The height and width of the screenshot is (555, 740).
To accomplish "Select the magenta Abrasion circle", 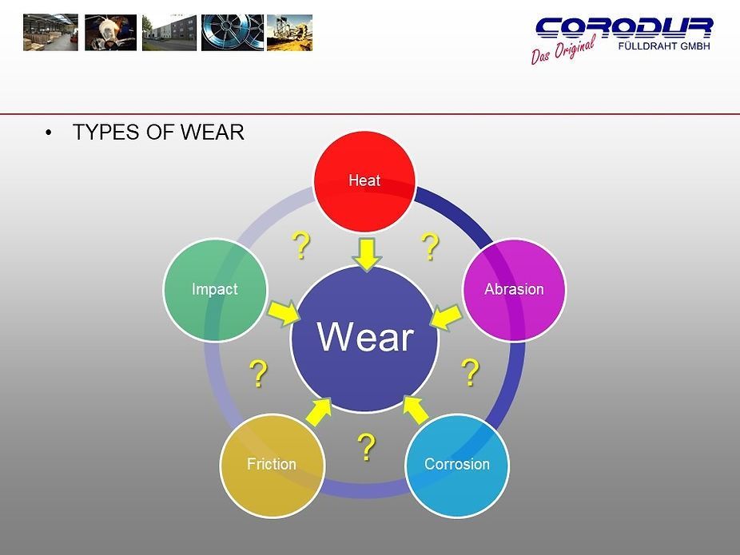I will click(514, 289).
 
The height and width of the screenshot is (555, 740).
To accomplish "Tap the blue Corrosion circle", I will click(456, 464).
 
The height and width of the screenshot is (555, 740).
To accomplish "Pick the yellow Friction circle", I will click(271, 464).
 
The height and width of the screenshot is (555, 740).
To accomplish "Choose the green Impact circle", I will click(214, 289).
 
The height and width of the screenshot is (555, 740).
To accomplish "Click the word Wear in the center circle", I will click(365, 337).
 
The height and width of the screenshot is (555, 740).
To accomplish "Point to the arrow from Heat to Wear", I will click(367, 253).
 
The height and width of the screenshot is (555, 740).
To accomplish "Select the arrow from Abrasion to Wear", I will click(445, 316).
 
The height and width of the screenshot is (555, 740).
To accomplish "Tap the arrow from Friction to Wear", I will click(319, 410).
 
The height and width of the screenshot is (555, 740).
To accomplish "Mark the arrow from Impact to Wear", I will click(283, 312).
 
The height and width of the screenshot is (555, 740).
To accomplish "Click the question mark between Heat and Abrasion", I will click(430, 248).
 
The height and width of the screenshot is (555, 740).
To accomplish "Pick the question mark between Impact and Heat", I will click(300, 246).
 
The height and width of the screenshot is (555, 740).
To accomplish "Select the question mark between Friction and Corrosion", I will click(366, 448).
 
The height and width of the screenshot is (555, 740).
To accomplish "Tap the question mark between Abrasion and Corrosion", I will click(471, 372).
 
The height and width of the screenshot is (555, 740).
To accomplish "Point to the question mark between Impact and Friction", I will click(257, 374).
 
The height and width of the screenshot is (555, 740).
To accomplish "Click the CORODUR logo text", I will click(624, 28).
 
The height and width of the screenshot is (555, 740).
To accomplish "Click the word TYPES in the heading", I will click(105, 133).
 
